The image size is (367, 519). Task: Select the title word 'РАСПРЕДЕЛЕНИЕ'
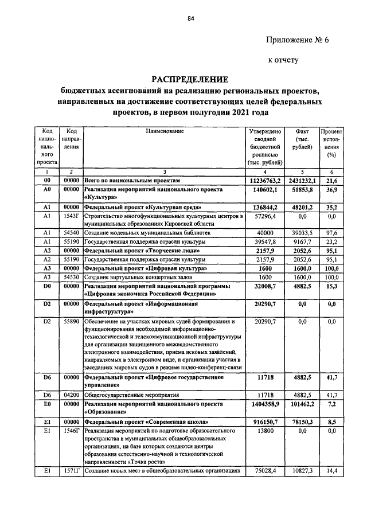(x=190, y=79)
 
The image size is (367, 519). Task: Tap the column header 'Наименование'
(x=165, y=131)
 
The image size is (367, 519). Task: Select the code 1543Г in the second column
(x=71, y=216)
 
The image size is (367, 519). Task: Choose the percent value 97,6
(x=331, y=233)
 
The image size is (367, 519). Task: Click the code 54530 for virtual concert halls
(x=71, y=277)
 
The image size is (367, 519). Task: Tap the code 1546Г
(x=71, y=430)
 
